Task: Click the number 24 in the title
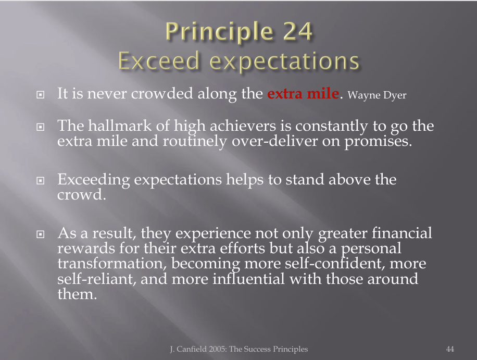297,31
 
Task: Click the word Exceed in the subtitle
158,60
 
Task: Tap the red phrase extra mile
303,93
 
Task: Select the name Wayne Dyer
377,95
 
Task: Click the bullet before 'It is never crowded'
40,95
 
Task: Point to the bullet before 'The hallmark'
40,127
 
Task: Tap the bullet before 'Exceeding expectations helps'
40,180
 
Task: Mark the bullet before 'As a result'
40,234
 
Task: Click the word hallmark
120,126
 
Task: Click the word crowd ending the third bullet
80,195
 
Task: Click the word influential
248,279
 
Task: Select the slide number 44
450,349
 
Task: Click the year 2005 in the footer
218,349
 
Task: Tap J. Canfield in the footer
189,349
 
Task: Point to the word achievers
243,126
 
